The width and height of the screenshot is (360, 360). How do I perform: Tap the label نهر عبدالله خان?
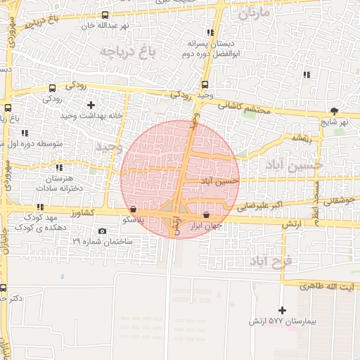86,25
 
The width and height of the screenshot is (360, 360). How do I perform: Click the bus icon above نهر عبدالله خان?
105,15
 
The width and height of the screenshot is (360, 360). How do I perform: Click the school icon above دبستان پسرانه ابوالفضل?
210,32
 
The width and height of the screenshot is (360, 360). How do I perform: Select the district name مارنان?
254,13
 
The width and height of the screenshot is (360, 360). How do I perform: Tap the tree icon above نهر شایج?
334,110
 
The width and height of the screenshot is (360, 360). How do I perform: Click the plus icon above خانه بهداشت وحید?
90,104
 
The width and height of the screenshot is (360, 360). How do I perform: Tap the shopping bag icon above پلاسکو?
134,209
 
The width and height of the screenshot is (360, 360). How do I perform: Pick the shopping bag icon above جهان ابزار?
206,215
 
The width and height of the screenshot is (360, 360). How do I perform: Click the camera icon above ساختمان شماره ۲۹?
103,231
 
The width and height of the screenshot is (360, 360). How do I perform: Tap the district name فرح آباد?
274,261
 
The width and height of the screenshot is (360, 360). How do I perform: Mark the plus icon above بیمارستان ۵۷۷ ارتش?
283,310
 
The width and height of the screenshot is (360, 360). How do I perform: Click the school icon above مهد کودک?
40,207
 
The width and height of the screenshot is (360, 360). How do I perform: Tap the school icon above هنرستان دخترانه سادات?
59,167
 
